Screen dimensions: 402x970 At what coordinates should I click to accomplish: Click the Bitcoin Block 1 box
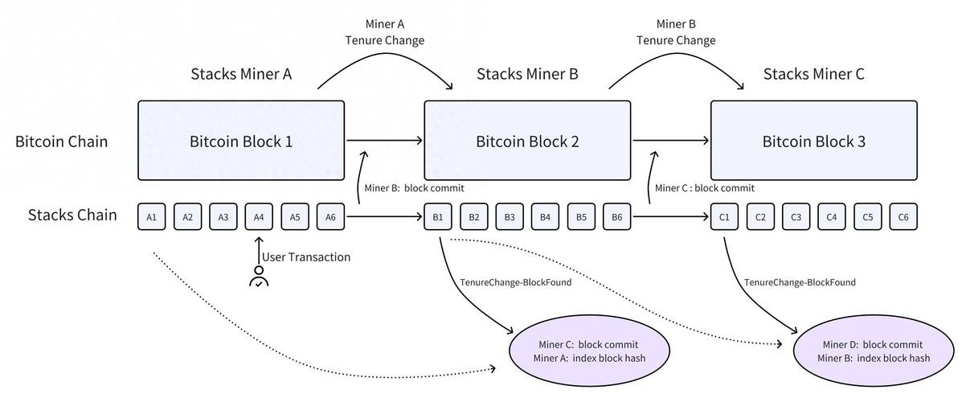[241, 141]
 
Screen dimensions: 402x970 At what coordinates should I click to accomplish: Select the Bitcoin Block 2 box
[527, 141]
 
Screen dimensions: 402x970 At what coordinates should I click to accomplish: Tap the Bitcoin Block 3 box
[813, 141]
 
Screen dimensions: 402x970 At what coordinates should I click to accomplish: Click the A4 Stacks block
[259, 217]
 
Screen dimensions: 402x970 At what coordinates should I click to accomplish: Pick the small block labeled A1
[152, 217]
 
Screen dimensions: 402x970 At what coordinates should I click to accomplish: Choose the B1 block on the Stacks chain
[439, 217]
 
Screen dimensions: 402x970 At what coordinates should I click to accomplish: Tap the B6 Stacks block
[616, 217]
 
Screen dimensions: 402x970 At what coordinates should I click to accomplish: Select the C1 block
[724, 217]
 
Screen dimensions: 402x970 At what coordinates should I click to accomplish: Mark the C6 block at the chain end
[902, 217]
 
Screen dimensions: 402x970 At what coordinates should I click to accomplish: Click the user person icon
[259, 277]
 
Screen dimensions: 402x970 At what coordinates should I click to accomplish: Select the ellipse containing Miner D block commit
[874, 351]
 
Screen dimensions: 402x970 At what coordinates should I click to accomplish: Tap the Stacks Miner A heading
[240, 75]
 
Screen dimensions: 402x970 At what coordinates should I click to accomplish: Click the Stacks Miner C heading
[813, 75]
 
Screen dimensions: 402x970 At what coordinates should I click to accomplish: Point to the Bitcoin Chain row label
[61, 142]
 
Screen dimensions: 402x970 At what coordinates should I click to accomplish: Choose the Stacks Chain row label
[72, 215]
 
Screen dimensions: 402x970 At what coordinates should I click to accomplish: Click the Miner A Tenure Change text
[385, 31]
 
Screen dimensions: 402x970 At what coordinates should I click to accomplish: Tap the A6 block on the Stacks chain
[330, 217]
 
